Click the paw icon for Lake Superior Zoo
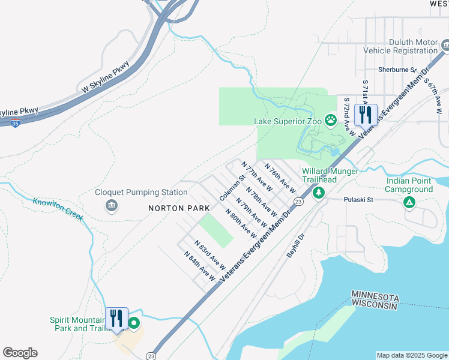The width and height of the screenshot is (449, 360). pyautogui.click(x=331, y=121)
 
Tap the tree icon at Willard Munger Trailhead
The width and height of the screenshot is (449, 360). pyautogui.click(x=319, y=193)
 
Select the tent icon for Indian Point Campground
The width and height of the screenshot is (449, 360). pyautogui.click(x=409, y=203)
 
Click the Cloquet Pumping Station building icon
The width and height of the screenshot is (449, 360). pyautogui.click(x=112, y=206)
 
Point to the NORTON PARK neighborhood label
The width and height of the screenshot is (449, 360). pyautogui.click(x=179, y=208)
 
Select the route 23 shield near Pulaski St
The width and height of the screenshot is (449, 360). pyautogui.click(x=298, y=202)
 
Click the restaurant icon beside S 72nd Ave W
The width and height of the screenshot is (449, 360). pyautogui.click(x=365, y=114)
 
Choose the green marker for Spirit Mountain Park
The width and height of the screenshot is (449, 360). pyautogui.click(x=134, y=324)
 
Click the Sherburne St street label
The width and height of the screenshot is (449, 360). pyautogui.click(x=397, y=70)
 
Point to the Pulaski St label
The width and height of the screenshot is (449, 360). pyautogui.click(x=358, y=200)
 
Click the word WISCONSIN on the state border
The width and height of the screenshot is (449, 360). pyautogui.click(x=375, y=307)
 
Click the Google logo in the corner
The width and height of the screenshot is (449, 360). pyautogui.click(x=20, y=353)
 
